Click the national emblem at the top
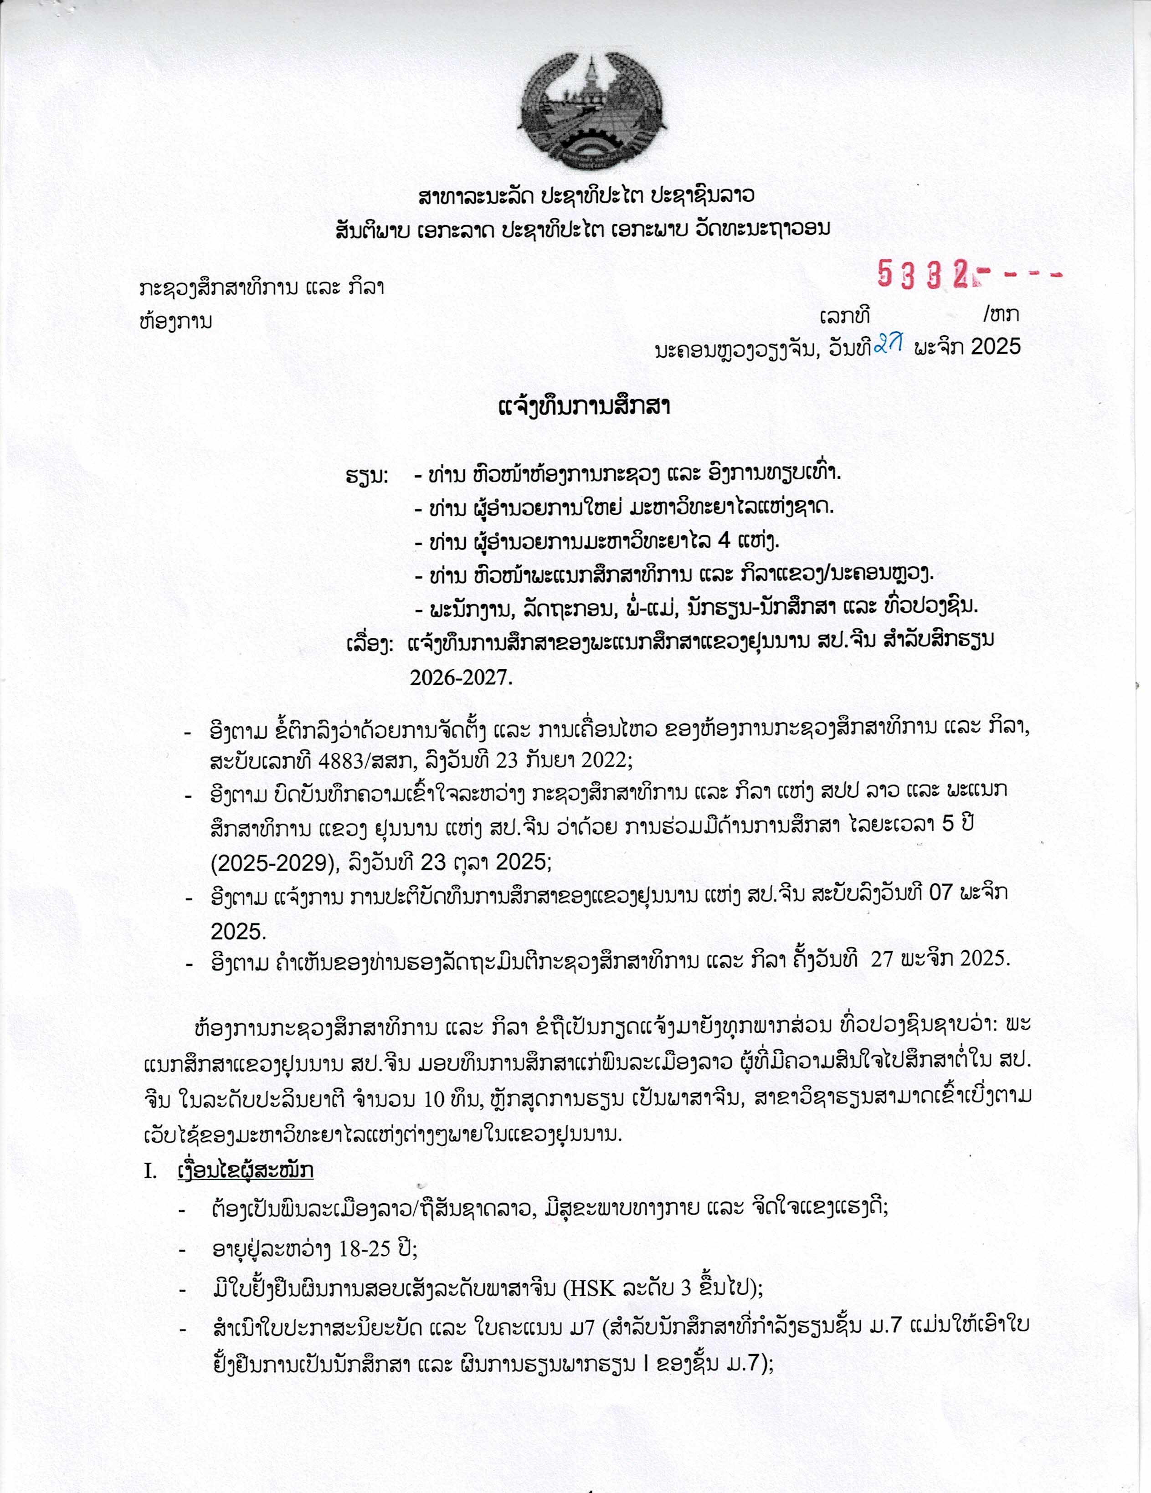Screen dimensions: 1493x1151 (588, 113)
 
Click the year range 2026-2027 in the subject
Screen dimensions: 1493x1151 (460, 677)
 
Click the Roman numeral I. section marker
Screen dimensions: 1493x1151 (150, 1170)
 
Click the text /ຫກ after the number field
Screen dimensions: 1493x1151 (1001, 315)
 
